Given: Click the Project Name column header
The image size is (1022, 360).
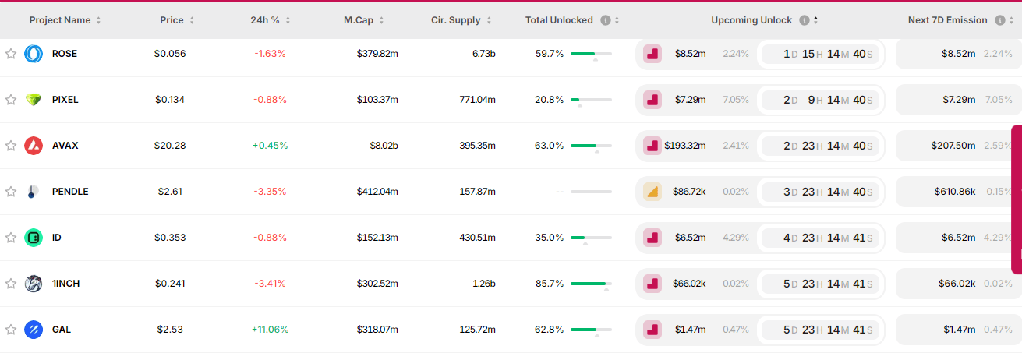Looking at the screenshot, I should click(60, 20).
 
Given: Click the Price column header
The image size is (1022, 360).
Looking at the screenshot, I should click(172, 20).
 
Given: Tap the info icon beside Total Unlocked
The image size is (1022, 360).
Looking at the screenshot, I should click(606, 20).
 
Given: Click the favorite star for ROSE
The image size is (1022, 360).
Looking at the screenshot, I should click(11, 54).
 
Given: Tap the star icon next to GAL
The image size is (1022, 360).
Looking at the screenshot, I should click(11, 330).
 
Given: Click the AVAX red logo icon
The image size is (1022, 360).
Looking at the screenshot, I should click(34, 146).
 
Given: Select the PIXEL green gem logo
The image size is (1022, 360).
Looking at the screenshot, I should click(34, 100).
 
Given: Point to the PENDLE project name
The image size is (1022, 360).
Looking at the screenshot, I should click(70, 192).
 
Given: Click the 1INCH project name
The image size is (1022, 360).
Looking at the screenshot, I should click(65, 284).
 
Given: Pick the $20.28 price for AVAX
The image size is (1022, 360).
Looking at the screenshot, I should click(170, 146).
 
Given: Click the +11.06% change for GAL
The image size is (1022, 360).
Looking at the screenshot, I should click(270, 330).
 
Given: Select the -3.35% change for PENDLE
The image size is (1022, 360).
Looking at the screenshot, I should click(270, 192).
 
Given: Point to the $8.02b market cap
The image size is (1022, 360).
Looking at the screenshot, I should click(384, 146).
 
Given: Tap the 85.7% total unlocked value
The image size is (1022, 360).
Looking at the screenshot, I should click(550, 284).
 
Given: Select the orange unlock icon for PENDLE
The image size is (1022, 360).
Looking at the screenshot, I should click(652, 192).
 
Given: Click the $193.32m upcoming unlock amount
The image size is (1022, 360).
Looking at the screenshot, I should click(684, 146).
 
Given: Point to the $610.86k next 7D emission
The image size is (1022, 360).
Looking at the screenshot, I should click(955, 192).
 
